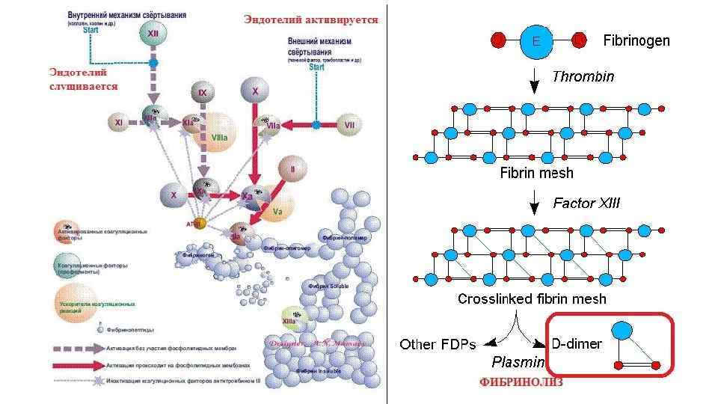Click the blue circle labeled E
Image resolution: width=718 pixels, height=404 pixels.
click(x=536, y=41)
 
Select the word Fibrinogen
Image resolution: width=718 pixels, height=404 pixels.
click(x=636, y=40)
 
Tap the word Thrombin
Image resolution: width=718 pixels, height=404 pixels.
click(x=583, y=76)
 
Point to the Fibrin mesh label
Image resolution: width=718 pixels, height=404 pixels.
click(x=536, y=173)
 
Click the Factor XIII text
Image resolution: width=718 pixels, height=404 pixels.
click(x=586, y=203)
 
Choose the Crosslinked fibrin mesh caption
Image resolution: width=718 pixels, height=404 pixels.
click(x=532, y=299)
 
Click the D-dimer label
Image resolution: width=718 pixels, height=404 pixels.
click(x=577, y=344)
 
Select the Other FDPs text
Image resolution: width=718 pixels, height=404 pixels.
click(x=438, y=344)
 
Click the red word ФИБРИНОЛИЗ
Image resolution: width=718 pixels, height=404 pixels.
click(x=521, y=382)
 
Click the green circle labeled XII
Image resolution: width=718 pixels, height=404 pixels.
click(x=153, y=34)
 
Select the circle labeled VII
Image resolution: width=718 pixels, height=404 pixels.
click(x=349, y=125)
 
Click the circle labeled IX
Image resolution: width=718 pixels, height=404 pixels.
click(x=202, y=93)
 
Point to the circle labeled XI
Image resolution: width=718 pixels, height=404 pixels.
click(x=118, y=122)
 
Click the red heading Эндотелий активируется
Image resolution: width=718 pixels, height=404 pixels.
click(x=310, y=19)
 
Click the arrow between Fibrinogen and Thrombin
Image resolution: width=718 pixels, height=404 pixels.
click(x=535, y=76)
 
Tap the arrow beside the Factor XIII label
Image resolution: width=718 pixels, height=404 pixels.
click(x=535, y=202)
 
